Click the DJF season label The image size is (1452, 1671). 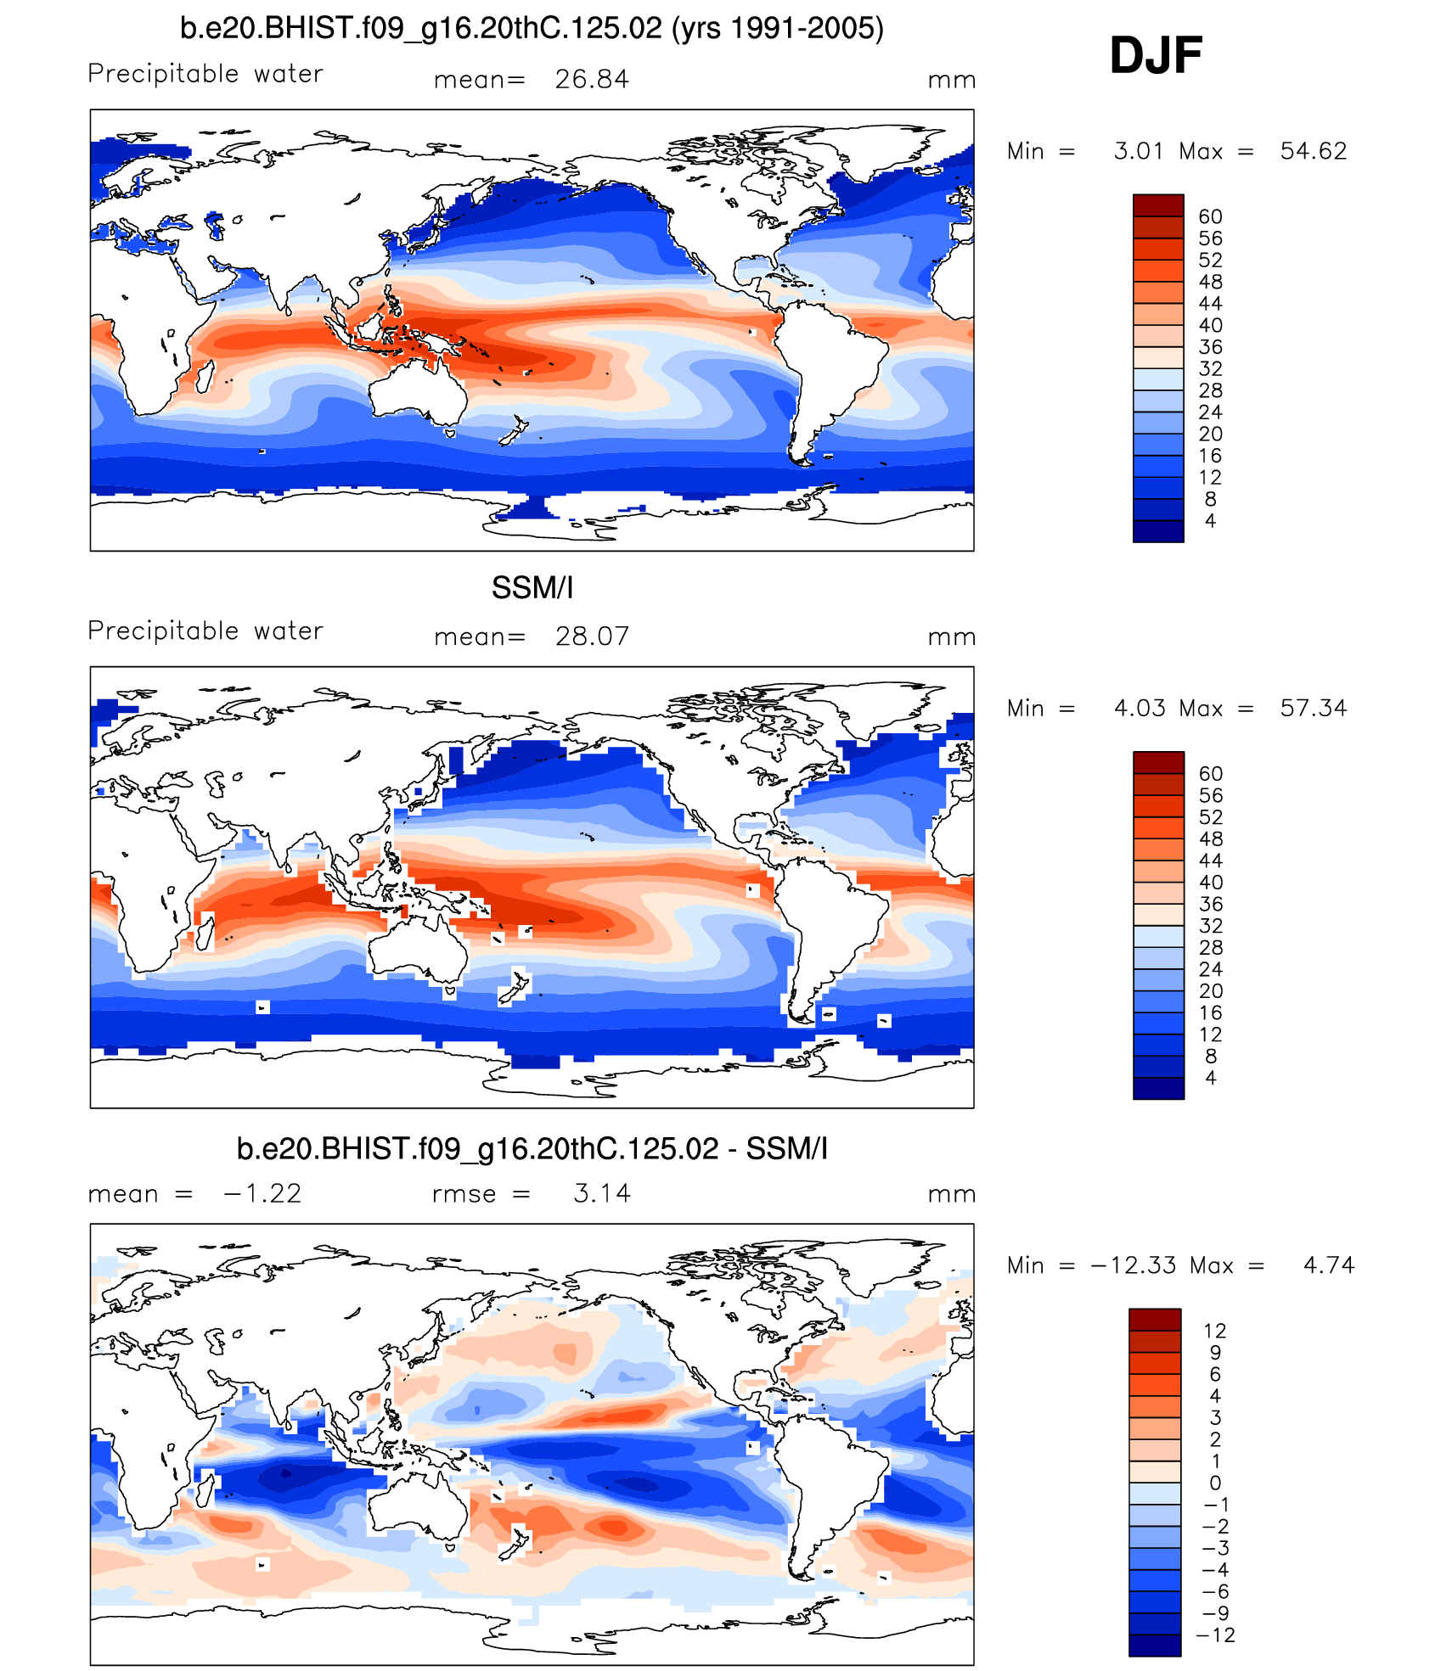1155,56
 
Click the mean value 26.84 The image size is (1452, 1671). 592,80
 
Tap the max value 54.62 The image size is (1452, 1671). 1313,151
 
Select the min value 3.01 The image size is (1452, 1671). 1139,151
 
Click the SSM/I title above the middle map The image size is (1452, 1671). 532,588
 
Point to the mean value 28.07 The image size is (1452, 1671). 592,636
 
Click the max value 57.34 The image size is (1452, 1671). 1313,709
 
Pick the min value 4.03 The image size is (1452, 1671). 1139,709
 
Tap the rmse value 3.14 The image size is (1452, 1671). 602,1194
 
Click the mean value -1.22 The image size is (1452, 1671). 262,1194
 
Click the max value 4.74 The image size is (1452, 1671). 1328,1265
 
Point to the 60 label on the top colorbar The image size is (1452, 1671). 1210,217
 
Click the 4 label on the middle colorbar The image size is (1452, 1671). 1210,1078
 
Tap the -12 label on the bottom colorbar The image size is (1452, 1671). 1215,1635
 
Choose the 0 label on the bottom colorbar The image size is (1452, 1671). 1215,1483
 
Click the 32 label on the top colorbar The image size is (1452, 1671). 1210,369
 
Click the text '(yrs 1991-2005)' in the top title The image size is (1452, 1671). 777,29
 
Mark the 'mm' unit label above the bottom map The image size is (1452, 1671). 951,1194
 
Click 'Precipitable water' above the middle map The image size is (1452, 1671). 205,631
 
